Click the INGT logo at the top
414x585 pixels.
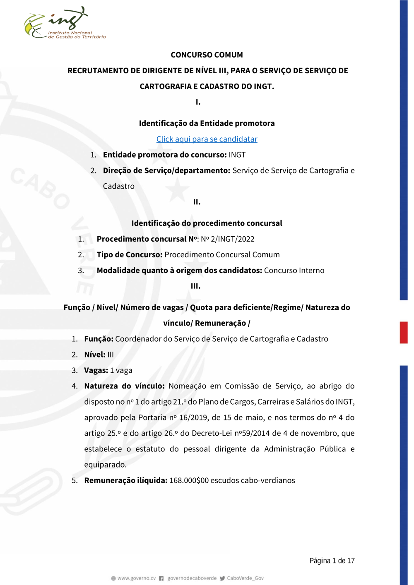point(64,24)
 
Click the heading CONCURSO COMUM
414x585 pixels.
point(207,55)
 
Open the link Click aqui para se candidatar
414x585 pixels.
point(207,139)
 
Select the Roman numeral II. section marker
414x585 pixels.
point(197,202)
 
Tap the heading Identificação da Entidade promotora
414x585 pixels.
point(207,123)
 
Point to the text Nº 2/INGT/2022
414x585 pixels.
point(228,239)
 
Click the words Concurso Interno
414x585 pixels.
point(294,271)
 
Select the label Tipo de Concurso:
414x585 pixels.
point(130,255)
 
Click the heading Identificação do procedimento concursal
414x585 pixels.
point(207,223)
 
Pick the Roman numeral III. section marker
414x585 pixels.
point(195,286)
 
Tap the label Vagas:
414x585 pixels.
point(96,370)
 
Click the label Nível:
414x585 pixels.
point(95,355)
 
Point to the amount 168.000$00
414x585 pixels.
point(189,480)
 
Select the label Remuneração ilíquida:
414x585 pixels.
point(126,480)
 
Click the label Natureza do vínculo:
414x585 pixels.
point(124,386)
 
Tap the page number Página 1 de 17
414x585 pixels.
point(332,561)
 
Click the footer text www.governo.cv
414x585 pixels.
point(136,578)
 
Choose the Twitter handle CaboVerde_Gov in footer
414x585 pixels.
point(245,578)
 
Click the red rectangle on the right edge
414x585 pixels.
point(404,332)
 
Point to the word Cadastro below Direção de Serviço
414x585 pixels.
point(118,186)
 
